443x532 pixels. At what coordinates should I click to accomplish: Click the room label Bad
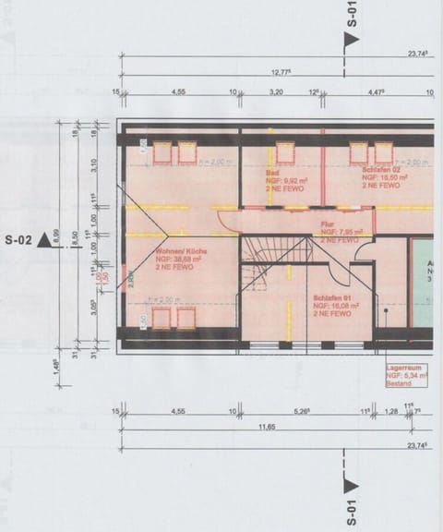[272, 173]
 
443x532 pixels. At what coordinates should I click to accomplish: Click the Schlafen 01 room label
[333, 298]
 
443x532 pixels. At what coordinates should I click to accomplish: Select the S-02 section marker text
[18, 240]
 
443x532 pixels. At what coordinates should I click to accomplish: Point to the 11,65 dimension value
[267, 427]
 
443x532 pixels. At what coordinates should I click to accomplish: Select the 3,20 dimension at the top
[275, 92]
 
